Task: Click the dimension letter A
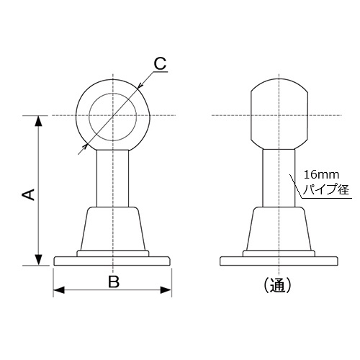coord(27,194)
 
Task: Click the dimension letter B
coord(113,282)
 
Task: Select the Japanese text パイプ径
coord(326,190)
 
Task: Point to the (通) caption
coord(278,285)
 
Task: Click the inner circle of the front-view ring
coord(113,115)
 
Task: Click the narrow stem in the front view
coord(113,176)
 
